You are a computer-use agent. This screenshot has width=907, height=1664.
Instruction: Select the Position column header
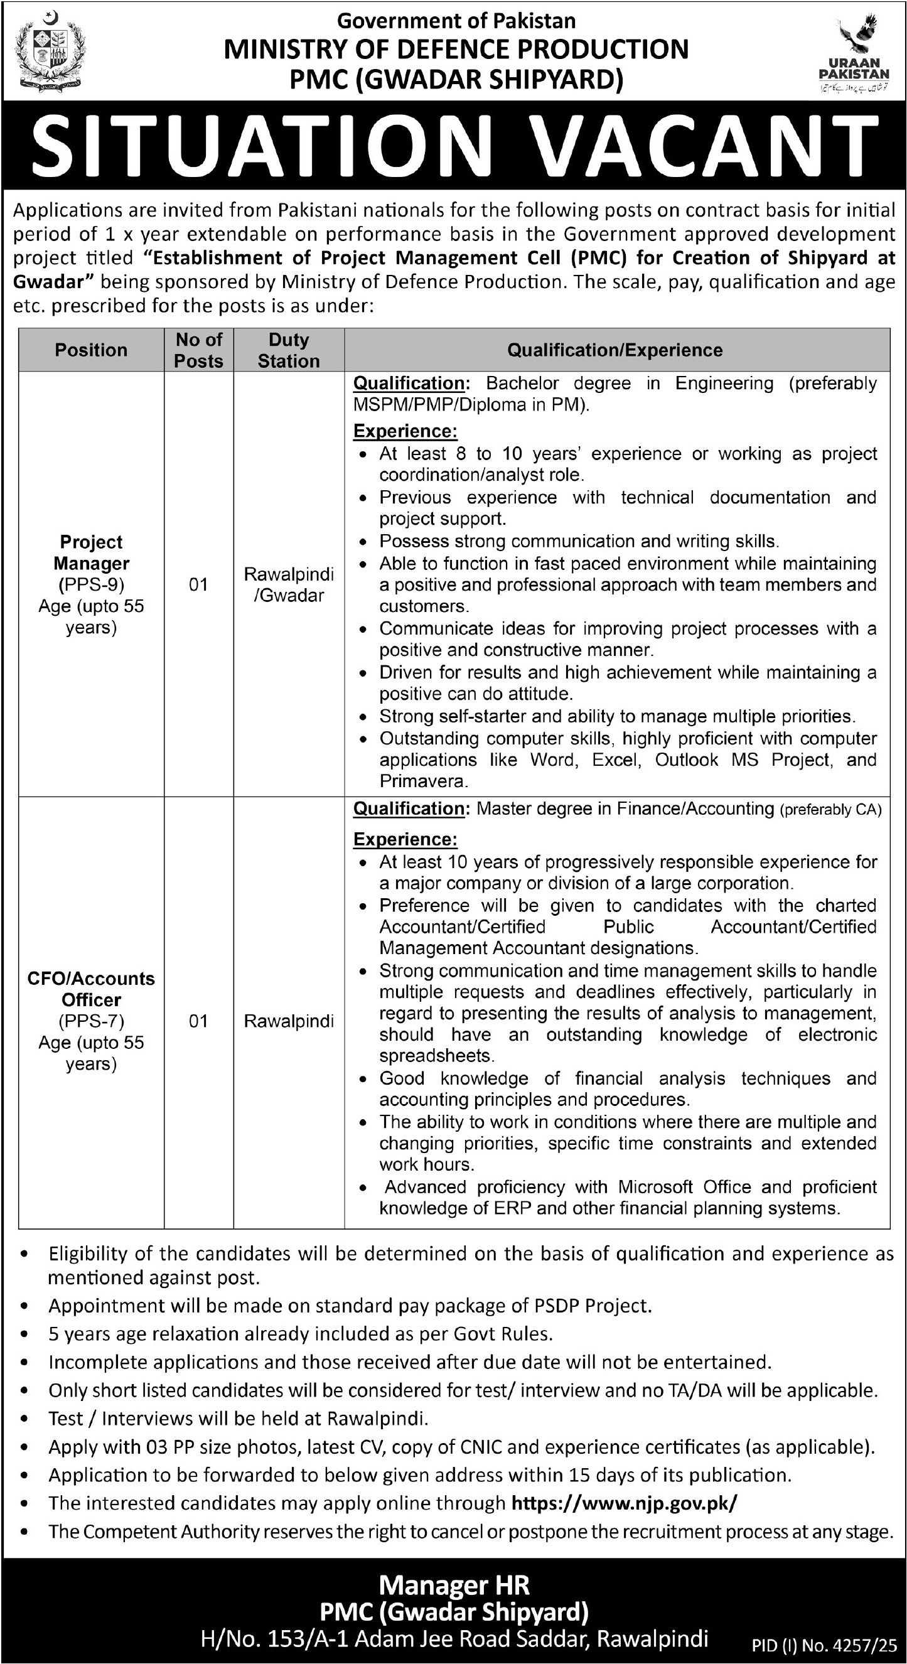pyautogui.click(x=91, y=350)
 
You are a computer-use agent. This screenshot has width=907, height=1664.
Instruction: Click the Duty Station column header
pyautogui.click(x=289, y=350)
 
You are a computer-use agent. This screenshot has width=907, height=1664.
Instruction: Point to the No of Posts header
pyautogui.click(x=198, y=350)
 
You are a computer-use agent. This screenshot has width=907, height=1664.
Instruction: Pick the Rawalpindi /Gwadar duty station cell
pyautogui.click(x=289, y=584)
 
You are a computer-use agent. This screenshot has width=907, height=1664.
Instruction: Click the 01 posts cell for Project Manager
pyautogui.click(x=198, y=584)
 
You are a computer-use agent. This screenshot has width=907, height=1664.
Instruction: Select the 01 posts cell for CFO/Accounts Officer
pyautogui.click(x=198, y=1021)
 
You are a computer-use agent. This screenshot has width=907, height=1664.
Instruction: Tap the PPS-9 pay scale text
pyautogui.click(x=91, y=584)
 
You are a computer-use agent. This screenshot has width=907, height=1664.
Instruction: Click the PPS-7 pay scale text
pyautogui.click(x=91, y=1021)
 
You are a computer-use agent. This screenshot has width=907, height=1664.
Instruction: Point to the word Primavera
pyautogui.click(x=422, y=781)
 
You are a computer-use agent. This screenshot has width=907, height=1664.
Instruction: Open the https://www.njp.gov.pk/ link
pyautogui.click(x=623, y=1503)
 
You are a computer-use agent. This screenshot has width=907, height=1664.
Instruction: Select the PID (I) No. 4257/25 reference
pyautogui.click(x=824, y=1644)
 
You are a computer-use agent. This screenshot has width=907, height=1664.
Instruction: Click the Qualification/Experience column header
pyautogui.click(x=615, y=350)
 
